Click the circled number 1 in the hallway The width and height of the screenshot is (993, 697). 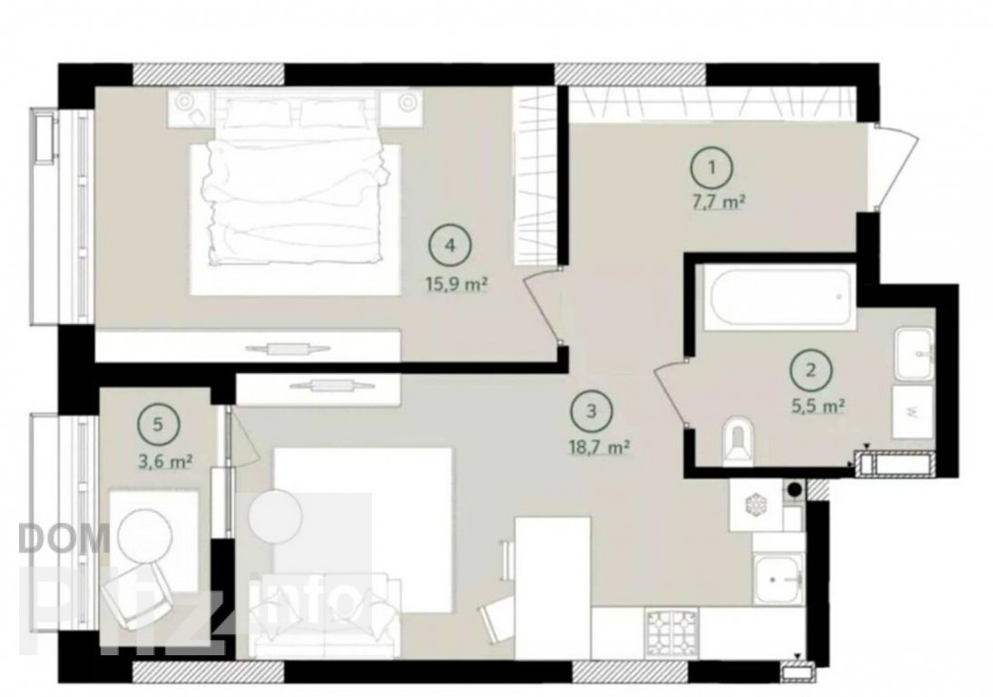[x=712, y=168]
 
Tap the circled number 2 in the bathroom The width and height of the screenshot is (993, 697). [x=811, y=369]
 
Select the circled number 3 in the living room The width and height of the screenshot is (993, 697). [x=592, y=411]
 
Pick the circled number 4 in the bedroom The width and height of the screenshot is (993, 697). [x=449, y=245]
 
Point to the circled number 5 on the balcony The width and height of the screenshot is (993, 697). [x=158, y=424]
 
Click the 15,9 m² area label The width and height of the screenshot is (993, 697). [x=456, y=284]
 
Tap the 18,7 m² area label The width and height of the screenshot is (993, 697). [x=598, y=448]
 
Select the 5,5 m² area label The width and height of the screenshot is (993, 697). [x=818, y=406]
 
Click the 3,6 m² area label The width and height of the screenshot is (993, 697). [x=165, y=461]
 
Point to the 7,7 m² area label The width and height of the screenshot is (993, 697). [x=717, y=203]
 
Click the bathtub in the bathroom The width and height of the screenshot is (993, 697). [x=780, y=297]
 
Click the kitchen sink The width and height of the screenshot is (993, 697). [x=780, y=579]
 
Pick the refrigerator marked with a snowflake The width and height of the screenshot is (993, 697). [x=755, y=505]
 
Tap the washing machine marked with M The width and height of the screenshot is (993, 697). [x=912, y=412]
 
